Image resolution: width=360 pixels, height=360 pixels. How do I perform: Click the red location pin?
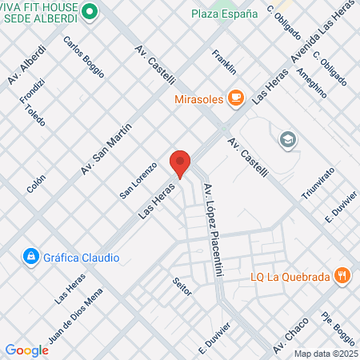(180, 163)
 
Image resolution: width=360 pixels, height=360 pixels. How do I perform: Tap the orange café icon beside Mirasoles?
(234, 98)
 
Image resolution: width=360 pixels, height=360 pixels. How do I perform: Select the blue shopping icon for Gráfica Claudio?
(30, 257)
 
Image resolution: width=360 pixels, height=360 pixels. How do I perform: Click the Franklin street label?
(225, 62)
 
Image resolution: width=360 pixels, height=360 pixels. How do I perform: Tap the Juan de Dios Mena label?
(77, 316)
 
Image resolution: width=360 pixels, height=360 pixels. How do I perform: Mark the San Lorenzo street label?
(134, 186)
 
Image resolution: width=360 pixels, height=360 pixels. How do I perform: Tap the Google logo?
(27, 350)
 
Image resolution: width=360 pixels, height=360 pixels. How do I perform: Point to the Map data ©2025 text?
(325, 354)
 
